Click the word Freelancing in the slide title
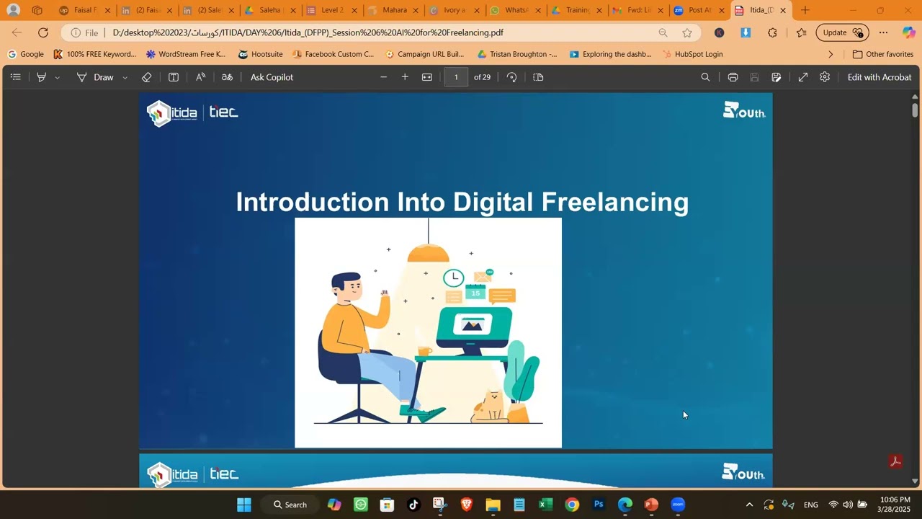614,203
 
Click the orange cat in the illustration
491,407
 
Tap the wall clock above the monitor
453,278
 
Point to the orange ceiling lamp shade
429,254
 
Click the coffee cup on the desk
424,351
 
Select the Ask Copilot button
272,77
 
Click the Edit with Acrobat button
879,77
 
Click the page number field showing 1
456,77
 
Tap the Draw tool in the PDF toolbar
103,77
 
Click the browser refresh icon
43,32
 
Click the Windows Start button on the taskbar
244,505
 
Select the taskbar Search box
290,505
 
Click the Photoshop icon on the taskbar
599,505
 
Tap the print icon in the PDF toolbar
733,77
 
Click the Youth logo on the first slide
744,110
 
